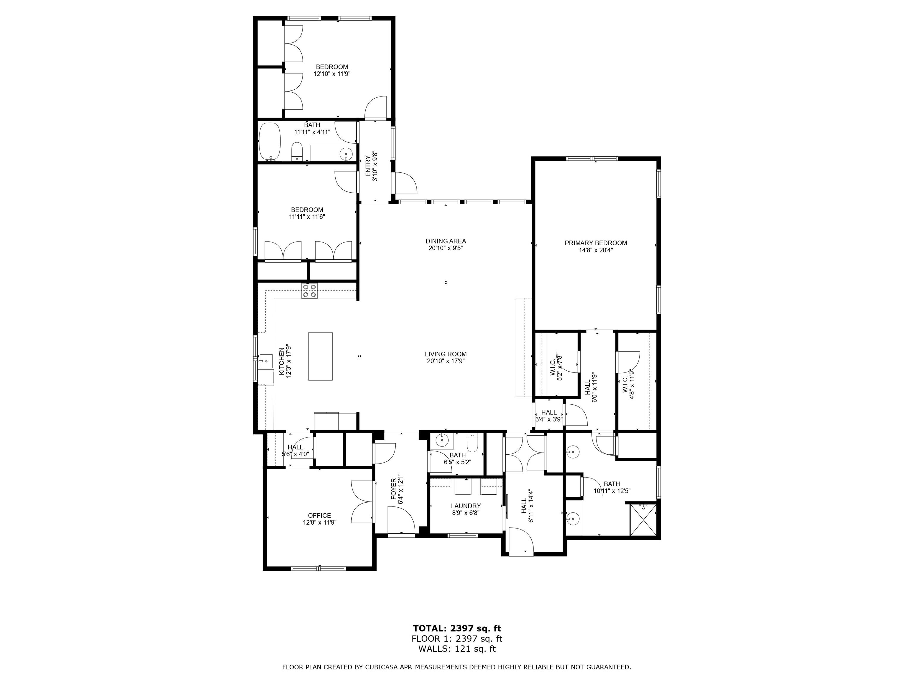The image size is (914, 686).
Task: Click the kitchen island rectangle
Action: click(x=320, y=356)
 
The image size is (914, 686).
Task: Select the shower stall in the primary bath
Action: click(x=643, y=520)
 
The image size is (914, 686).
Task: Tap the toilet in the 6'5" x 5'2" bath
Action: click(x=472, y=442)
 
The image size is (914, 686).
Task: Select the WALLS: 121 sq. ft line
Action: click(x=457, y=649)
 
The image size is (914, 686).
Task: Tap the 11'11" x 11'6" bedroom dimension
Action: click(x=307, y=216)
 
